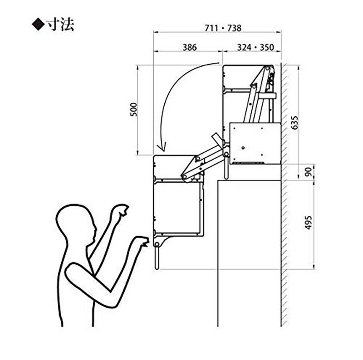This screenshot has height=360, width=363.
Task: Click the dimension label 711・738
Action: [223, 28]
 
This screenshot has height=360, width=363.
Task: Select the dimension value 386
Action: [190, 48]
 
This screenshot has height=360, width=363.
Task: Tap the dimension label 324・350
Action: [255, 48]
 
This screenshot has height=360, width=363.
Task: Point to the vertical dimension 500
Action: [133, 109]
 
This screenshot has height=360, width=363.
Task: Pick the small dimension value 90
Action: [309, 172]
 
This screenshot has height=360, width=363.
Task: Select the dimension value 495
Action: [308, 223]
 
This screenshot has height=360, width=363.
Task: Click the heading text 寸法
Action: [60, 25]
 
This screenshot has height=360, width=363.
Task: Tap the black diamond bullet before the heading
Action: [38, 25]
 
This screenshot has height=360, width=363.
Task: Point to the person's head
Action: [76, 222]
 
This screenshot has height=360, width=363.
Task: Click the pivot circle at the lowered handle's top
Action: [157, 244]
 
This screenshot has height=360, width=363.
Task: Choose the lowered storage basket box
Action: [177, 208]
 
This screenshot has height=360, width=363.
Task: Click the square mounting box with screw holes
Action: [255, 143]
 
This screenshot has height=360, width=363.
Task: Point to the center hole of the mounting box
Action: [243, 148]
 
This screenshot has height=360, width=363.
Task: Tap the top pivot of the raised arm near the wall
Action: [267, 68]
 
